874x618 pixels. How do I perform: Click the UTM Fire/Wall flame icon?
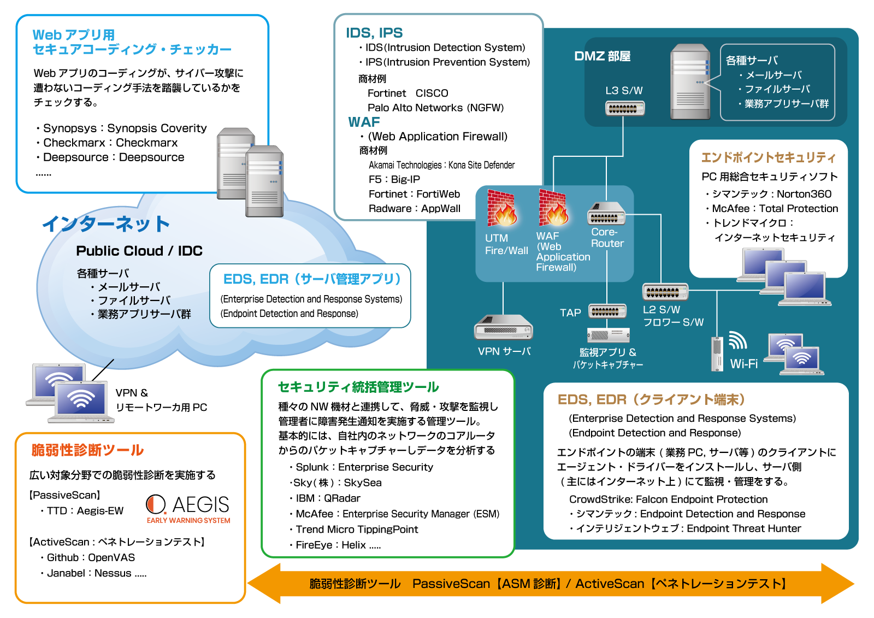[x=501, y=208]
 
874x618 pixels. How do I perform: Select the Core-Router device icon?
[x=606, y=214]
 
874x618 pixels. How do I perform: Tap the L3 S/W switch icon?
[x=625, y=108]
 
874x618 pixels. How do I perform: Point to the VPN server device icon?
[x=503, y=328]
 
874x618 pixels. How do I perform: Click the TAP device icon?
[x=607, y=311]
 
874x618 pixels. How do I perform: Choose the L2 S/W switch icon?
[x=665, y=292]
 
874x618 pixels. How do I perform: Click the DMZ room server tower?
[x=690, y=82]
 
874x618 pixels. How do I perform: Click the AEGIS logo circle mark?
[x=156, y=504]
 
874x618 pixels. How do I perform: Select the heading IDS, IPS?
[x=374, y=33]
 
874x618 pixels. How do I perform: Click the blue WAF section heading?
[x=364, y=122]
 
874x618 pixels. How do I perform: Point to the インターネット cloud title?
[x=106, y=223]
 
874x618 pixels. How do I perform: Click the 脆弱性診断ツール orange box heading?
[x=87, y=450]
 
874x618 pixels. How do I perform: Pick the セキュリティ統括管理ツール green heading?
[x=358, y=387]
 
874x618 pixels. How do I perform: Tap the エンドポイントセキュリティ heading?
[x=768, y=158]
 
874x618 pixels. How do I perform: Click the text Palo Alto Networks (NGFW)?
[x=435, y=108]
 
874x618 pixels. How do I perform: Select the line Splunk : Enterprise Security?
[x=364, y=467]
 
